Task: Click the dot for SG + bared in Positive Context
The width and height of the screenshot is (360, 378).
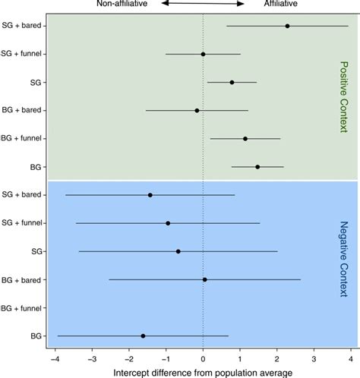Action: tap(287, 26)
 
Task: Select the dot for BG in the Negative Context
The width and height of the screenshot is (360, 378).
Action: tap(143, 336)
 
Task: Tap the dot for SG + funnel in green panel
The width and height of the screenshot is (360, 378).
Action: tap(203, 54)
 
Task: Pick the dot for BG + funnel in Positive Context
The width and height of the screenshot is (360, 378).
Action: tap(245, 139)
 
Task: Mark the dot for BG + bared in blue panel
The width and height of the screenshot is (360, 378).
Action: tap(205, 279)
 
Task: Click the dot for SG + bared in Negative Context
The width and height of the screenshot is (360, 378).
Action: tap(150, 195)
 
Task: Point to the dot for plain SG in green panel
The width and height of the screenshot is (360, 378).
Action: tap(232, 83)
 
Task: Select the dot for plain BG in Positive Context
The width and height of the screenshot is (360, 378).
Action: tap(257, 167)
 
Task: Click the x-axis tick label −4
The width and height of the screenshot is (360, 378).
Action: tap(55, 359)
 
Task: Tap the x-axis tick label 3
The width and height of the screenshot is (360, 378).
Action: tap(314, 359)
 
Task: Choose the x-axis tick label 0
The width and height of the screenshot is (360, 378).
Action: tap(203, 359)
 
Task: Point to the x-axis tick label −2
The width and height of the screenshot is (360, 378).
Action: tap(128, 359)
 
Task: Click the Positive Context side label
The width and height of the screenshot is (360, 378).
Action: tap(344, 96)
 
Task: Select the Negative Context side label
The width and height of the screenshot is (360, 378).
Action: tap(344, 259)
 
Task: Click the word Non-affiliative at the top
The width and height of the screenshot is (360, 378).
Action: tap(122, 3)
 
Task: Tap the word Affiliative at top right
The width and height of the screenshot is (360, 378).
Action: tap(281, 3)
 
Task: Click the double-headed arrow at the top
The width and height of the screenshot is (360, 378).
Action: tap(203, 3)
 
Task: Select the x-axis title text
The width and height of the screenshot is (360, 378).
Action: tap(203, 373)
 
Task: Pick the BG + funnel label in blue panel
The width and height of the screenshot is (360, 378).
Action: tap(21, 308)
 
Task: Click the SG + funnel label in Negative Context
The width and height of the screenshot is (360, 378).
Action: tap(22, 223)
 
